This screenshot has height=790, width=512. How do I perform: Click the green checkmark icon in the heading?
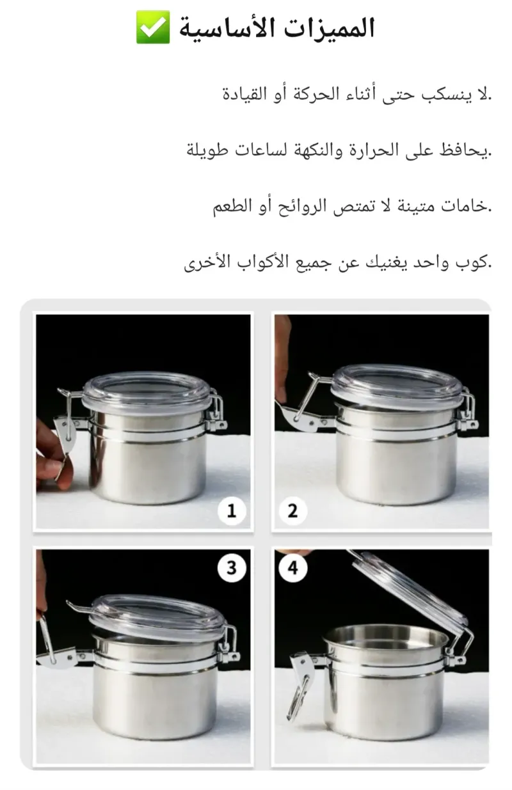click(153, 27)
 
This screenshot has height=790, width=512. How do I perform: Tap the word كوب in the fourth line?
click(474, 263)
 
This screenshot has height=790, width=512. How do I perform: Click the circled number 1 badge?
click(232, 511)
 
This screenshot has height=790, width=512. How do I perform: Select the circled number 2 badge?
click(292, 511)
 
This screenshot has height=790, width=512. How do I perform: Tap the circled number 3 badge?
click(232, 568)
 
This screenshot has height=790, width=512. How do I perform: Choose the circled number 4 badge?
click(292, 568)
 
